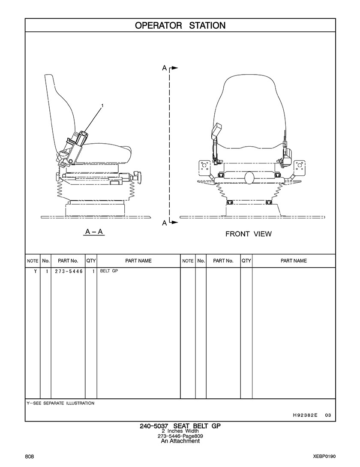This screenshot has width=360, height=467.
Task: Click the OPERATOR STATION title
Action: click(x=180, y=25)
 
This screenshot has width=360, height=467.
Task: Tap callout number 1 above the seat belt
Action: click(x=102, y=105)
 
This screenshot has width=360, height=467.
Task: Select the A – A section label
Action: click(x=94, y=232)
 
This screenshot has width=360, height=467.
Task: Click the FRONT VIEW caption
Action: click(x=248, y=234)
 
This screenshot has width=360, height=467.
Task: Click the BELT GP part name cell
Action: click(x=109, y=271)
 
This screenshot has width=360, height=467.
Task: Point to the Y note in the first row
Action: click(x=33, y=271)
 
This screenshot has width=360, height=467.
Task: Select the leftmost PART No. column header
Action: click(x=68, y=261)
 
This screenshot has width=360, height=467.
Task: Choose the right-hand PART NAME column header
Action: click(x=294, y=261)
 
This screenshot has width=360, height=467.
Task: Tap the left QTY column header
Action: click(x=91, y=261)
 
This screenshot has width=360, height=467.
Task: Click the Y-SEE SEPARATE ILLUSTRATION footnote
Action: click(x=60, y=403)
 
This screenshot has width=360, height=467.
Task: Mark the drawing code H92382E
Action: click(x=306, y=415)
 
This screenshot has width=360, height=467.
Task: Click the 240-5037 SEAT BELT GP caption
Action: click(x=180, y=426)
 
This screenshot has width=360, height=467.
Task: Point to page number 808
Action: click(x=30, y=456)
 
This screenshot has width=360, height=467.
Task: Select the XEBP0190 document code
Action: click(x=324, y=456)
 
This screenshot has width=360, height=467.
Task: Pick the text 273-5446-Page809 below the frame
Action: click(x=180, y=436)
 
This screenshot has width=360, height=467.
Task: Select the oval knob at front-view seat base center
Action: click(x=248, y=177)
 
